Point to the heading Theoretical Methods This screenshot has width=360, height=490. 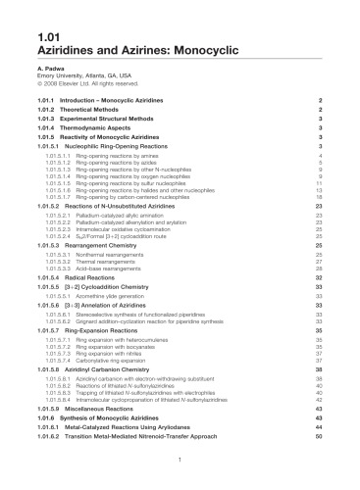103,113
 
